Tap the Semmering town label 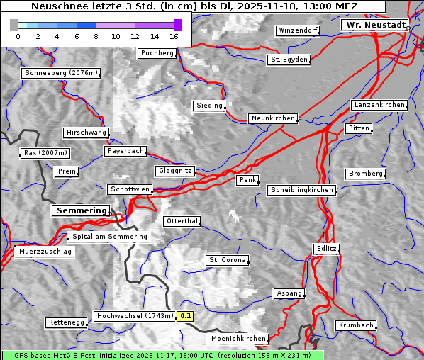click(x=81, y=210)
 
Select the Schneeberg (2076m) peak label click(x=60, y=73)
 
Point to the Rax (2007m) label click(x=45, y=153)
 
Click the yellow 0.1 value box click(x=186, y=316)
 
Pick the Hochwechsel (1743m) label click(x=134, y=316)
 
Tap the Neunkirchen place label click(x=272, y=118)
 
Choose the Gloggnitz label click(x=174, y=171)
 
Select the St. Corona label click(x=228, y=260)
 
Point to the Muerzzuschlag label click(x=45, y=252)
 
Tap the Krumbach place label click(x=355, y=325)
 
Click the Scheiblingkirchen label click(x=301, y=190)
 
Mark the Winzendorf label click(x=298, y=31)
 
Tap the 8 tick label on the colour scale click(x=96, y=35)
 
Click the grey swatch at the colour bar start click(x=14, y=25)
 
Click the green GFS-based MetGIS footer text click(x=162, y=355)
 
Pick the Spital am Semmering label click(x=109, y=237)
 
